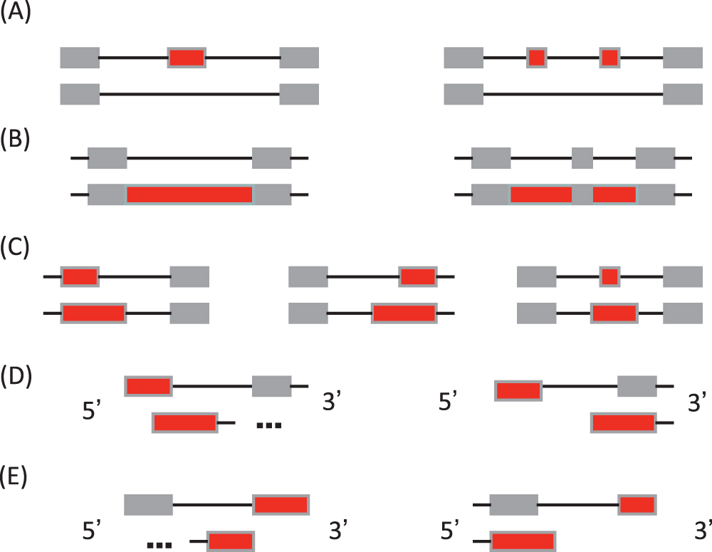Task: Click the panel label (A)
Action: click(16, 15)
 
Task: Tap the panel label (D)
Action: click(16, 375)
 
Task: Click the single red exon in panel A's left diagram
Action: click(187, 58)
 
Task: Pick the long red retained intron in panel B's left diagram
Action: click(189, 194)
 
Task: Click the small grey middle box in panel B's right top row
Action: click(582, 157)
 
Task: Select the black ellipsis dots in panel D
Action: click(269, 425)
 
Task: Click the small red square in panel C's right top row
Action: click(609, 276)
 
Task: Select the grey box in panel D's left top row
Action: click(271, 386)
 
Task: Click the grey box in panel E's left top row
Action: click(148, 505)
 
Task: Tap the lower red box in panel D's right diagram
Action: click(624, 422)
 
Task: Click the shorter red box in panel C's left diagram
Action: click(79, 276)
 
